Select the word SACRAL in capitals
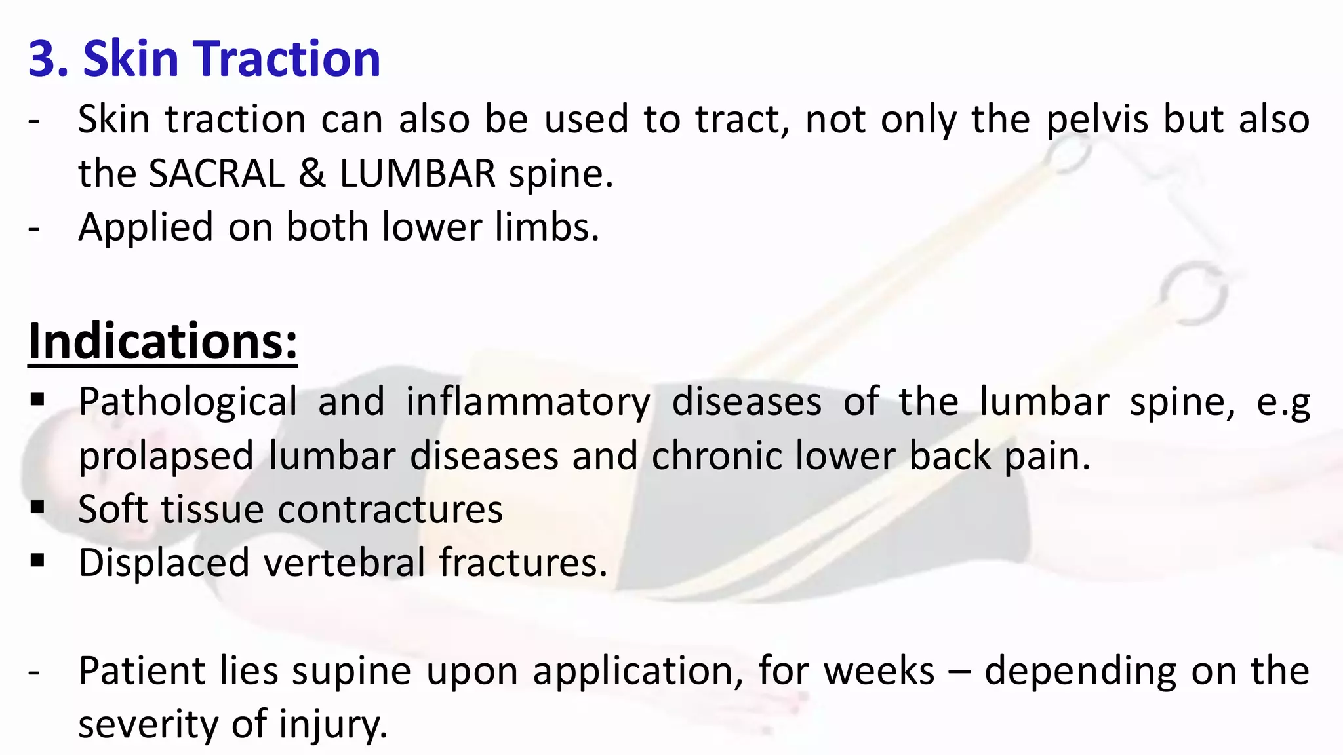pyautogui.click(x=216, y=174)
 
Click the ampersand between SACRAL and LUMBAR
pyautogui.click(x=312, y=174)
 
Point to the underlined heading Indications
pyautogui.click(x=163, y=341)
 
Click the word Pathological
pyautogui.click(x=188, y=402)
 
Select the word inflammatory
pyautogui.click(x=528, y=402)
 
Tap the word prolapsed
pyautogui.click(x=166, y=456)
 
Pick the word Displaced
pyautogui.click(x=164, y=562)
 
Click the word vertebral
pyautogui.click(x=345, y=562)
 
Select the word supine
pyautogui.click(x=351, y=671)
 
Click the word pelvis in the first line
pyautogui.click(x=1097, y=120)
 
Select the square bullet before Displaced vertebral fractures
pyautogui.click(x=37, y=560)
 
